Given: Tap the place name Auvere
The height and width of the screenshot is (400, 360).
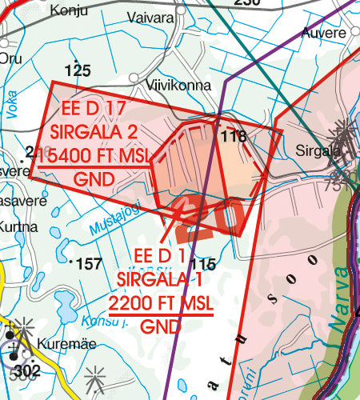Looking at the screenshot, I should click(x=325, y=34).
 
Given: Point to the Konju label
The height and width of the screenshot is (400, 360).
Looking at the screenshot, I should click(x=69, y=11).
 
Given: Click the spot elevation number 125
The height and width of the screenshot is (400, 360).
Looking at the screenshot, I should click(x=78, y=71).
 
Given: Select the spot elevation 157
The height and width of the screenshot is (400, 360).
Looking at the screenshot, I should click(x=88, y=264).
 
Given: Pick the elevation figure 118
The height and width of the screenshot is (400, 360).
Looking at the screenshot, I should click(x=234, y=137).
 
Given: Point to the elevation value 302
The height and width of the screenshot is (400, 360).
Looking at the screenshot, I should click(x=27, y=371).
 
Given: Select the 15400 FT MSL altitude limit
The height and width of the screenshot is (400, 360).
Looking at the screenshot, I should click(x=94, y=156).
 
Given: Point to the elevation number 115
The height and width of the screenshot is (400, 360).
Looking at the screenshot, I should click(x=204, y=265).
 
